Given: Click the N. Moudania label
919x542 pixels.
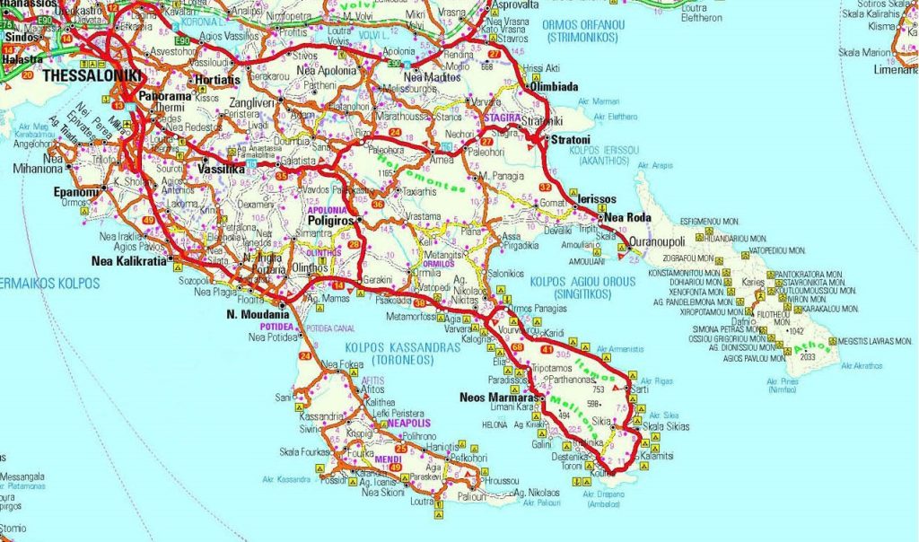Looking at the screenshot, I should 258,315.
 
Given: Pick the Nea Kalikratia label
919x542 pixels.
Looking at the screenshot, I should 130,262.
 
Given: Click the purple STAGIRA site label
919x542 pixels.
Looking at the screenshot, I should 502,118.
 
